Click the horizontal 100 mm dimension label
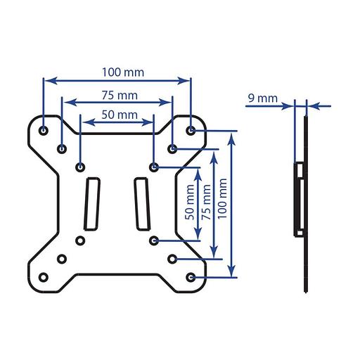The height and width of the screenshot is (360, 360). (123, 72)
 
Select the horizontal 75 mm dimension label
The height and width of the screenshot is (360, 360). (120, 96)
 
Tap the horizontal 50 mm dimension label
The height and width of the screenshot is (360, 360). (120, 115)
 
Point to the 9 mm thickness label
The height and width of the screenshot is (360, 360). (263, 98)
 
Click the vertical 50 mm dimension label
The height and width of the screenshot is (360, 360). (190, 202)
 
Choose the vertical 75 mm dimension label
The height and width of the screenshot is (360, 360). (207, 202)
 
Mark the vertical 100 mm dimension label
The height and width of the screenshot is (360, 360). (222, 199)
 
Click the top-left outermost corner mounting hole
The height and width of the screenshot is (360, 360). (44, 130)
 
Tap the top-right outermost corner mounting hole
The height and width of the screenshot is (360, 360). (191, 130)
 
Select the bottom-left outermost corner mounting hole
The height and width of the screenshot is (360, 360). (44, 277)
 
